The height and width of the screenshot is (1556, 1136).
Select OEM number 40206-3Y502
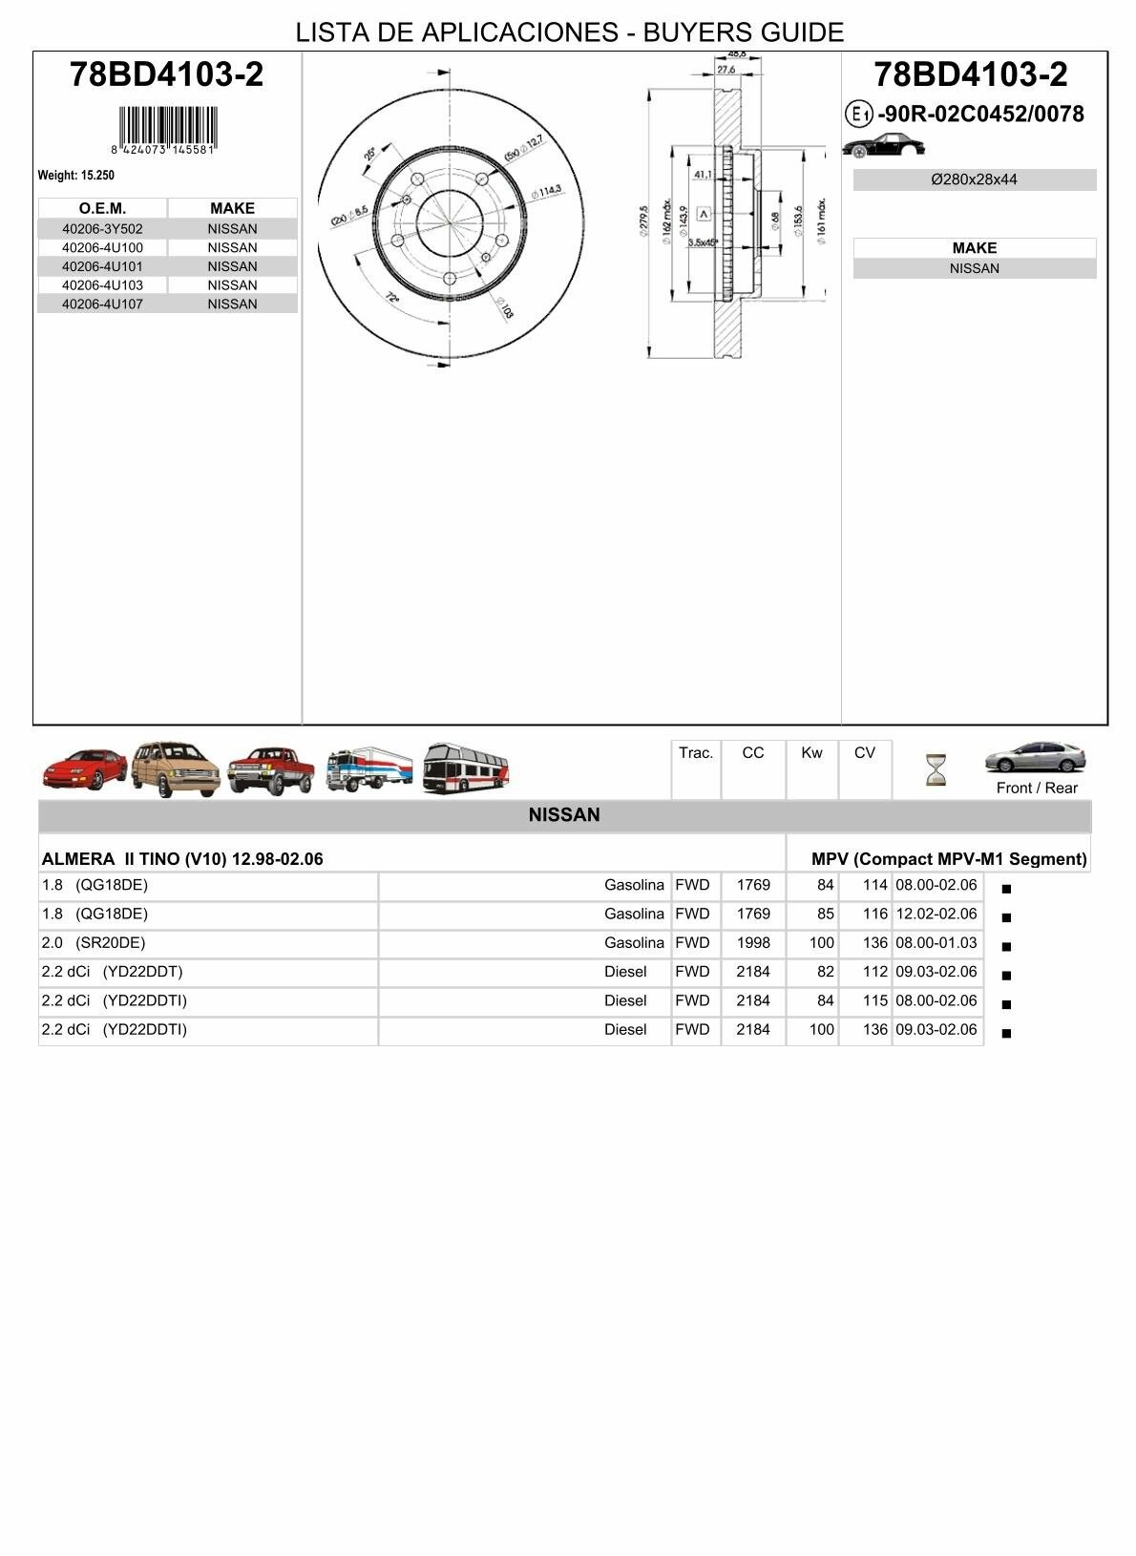coord(102,229)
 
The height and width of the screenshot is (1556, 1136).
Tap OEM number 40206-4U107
coord(102,305)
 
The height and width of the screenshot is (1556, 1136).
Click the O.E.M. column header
coord(102,208)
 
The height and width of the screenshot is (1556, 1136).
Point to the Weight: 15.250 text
coord(76,176)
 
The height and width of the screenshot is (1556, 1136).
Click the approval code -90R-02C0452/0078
coord(980,115)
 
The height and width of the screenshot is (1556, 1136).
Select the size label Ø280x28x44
coord(974,179)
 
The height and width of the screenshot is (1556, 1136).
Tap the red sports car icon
coord(84,769)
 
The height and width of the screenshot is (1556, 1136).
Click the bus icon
coord(466,767)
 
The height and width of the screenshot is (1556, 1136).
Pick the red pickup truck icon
coord(271,769)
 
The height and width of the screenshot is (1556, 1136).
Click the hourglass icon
coord(936,769)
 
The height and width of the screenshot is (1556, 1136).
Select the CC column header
coord(752,753)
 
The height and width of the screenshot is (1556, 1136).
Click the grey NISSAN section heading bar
coord(564,815)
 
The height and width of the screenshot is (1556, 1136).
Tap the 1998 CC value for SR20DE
coord(752,943)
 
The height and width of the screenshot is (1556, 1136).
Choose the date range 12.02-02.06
coord(936,915)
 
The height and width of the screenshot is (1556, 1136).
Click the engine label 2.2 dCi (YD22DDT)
coord(113,972)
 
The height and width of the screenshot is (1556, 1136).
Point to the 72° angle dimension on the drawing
coord(391,298)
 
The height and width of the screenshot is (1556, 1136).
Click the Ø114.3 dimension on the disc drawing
coord(547,192)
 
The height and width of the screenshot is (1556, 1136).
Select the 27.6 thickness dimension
coord(726,70)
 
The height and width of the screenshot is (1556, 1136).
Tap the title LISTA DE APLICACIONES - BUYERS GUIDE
coord(569,32)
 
